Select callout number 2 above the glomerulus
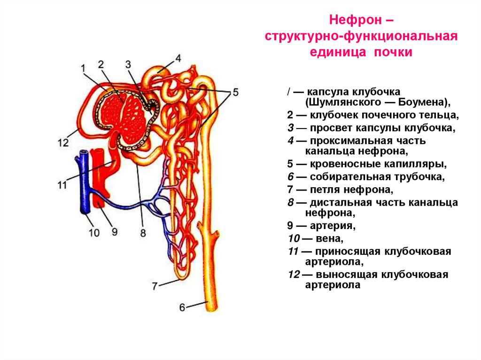click(101, 64)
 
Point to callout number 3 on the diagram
click(129, 65)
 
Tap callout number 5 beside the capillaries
click(235, 92)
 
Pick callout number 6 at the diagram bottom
click(182, 307)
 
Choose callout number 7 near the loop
click(155, 284)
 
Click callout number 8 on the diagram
click(143, 232)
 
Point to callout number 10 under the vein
click(94, 232)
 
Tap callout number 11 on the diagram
click(62, 184)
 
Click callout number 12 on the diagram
click(63, 143)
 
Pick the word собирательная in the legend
click(341, 177)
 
